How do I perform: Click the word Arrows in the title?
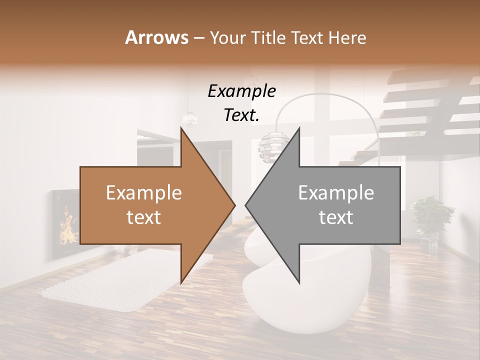tap(157, 37)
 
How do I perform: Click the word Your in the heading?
tap(228, 37)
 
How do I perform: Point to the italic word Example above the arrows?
tap(241, 91)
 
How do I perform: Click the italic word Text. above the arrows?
tap(241, 115)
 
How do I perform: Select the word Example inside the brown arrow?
tap(144, 193)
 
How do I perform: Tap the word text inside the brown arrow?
tap(144, 217)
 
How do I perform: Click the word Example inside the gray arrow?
tap(336, 193)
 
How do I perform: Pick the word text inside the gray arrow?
tap(336, 217)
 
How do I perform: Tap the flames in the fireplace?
tap(66, 227)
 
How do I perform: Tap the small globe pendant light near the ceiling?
tap(190, 118)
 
